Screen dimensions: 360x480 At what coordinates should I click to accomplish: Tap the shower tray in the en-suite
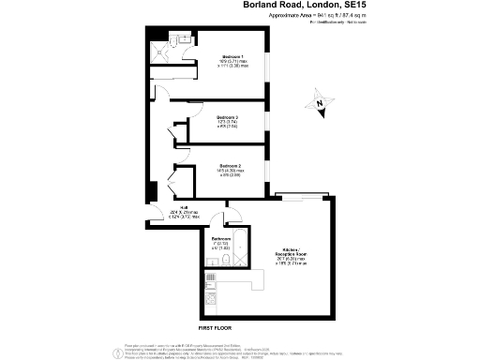tap(159, 56)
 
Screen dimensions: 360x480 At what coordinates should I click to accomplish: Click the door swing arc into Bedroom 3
tap(178, 134)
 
